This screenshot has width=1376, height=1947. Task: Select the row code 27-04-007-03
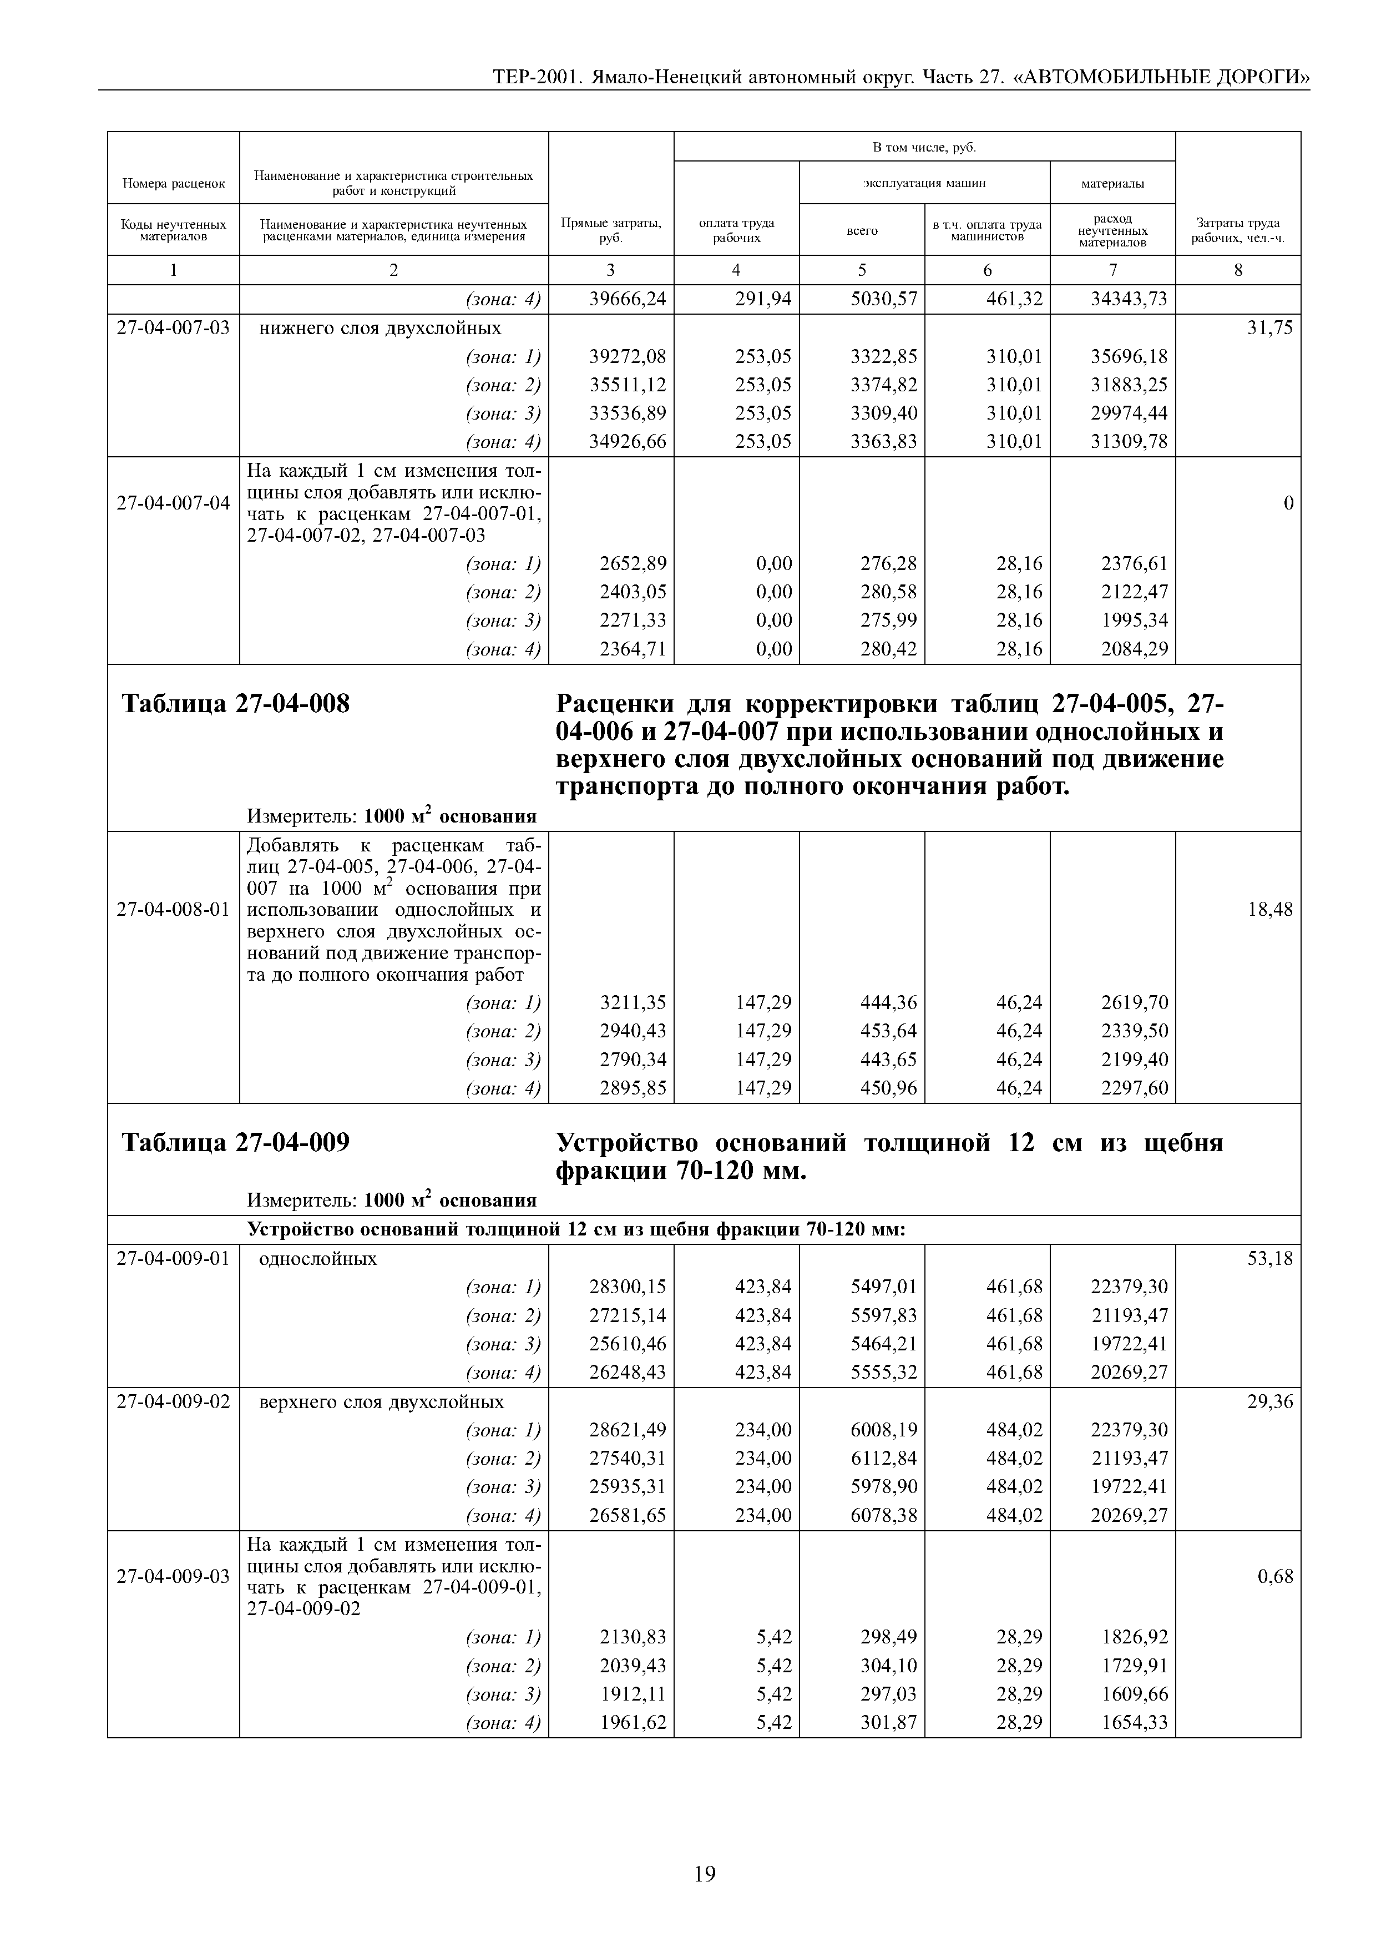point(173,328)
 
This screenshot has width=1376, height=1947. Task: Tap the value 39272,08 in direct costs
point(628,357)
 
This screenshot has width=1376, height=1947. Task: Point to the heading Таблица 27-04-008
point(236,704)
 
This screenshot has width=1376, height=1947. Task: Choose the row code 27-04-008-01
point(173,910)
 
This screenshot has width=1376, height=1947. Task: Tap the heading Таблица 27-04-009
point(236,1143)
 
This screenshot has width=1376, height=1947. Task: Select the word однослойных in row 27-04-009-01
point(318,1258)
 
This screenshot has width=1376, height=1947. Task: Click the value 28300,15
point(628,1287)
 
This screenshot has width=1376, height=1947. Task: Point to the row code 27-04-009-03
point(173,1576)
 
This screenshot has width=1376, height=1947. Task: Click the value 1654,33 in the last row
point(1135,1722)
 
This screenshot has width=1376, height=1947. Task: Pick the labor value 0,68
point(1275,1576)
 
